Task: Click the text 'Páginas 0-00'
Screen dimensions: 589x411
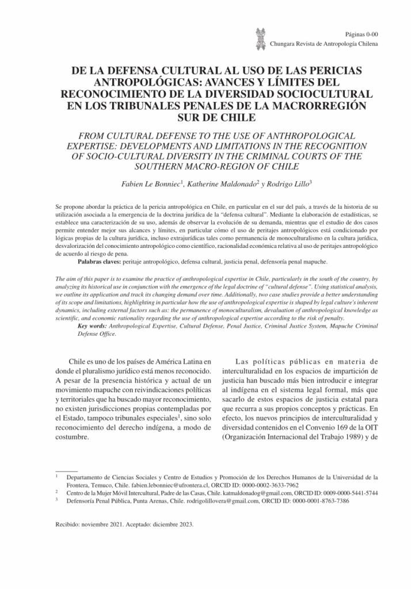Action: point(361,35)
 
